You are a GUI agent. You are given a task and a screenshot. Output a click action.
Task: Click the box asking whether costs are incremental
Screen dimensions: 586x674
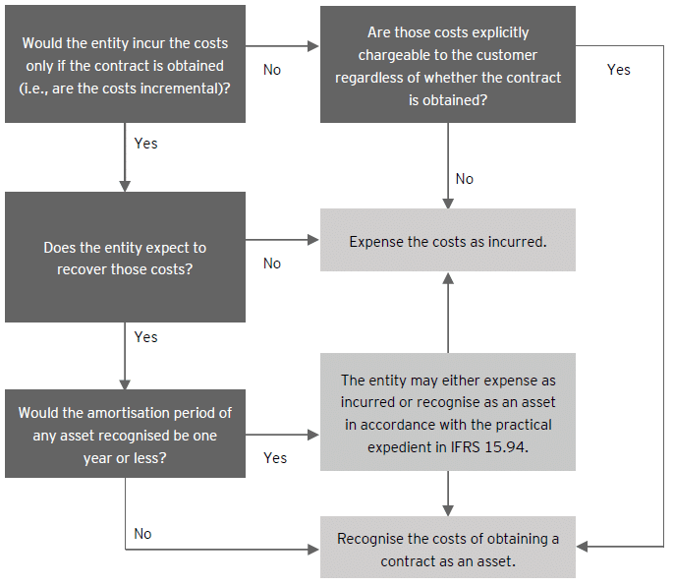click(x=125, y=64)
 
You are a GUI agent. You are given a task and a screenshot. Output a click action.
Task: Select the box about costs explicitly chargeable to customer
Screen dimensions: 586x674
click(x=447, y=64)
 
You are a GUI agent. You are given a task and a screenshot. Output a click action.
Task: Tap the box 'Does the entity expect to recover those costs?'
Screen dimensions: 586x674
click(x=125, y=257)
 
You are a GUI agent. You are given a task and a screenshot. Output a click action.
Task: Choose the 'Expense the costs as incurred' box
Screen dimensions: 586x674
click(x=447, y=241)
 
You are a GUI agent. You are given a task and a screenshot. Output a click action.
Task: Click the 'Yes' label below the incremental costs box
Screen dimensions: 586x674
click(x=145, y=144)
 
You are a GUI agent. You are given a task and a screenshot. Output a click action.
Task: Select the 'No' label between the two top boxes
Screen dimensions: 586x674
click(x=272, y=70)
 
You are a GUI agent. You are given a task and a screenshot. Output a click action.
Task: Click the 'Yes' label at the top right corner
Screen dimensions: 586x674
click(x=619, y=70)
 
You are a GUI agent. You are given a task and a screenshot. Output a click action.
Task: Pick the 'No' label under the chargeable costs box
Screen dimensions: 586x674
click(x=465, y=179)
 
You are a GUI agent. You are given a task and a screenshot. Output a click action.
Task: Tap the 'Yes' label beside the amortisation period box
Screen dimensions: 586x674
click(x=275, y=458)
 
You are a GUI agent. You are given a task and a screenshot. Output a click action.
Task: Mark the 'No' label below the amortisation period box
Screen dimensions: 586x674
click(x=143, y=534)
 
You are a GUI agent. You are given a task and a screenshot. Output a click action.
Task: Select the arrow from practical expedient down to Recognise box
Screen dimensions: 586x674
click(x=448, y=494)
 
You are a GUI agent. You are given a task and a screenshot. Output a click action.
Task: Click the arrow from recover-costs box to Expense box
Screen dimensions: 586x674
click(x=283, y=239)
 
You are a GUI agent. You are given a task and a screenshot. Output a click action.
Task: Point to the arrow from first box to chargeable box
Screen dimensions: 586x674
click(x=283, y=45)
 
